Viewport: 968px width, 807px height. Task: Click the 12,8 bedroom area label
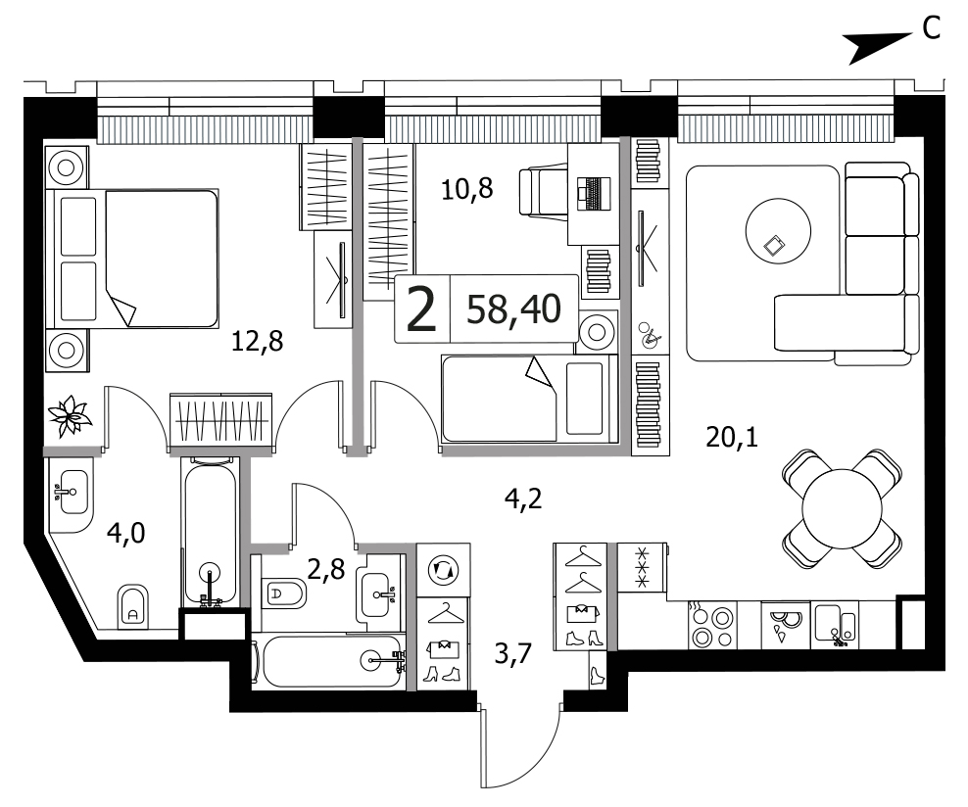click(257, 341)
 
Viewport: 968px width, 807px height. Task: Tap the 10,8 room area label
click(467, 189)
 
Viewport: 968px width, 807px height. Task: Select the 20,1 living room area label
click(732, 438)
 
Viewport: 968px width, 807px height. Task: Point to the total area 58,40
click(513, 309)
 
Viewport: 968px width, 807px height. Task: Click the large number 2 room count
click(422, 309)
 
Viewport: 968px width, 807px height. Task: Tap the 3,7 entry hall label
click(513, 653)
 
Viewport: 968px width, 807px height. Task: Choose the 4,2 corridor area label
click(523, 498)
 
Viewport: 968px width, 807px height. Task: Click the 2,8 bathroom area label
click(326, 570)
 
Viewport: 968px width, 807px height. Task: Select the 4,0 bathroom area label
click(126, 533)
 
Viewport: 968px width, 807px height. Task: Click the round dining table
click(842, 509)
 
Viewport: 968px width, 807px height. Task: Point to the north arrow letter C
click(931, 27)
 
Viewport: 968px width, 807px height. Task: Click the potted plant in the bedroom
click(70, 416)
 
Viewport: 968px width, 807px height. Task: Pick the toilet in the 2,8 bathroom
click(284, 594)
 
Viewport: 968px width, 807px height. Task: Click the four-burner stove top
click(712, 626)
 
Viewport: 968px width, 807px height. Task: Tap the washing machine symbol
click(443, 569)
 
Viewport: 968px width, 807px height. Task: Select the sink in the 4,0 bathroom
click(73, 492)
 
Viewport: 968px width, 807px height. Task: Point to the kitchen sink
click(836, 625)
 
